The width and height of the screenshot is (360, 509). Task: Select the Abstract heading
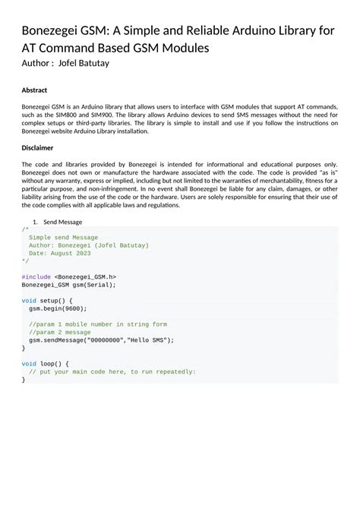pos(34,90)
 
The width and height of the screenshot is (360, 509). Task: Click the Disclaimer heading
pos(37,147)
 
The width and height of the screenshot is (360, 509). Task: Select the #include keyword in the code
pos(36,277)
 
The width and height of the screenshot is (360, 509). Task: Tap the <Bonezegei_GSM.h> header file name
pos(86,277)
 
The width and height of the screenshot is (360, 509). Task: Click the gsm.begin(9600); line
pos(58,308)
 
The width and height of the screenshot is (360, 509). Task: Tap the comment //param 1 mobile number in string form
pos(98,324)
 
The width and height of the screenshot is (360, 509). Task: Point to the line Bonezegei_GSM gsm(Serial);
pos(68,285)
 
